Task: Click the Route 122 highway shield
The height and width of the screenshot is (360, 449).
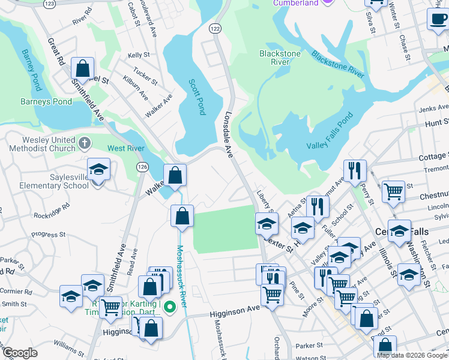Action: [x=215, y=28]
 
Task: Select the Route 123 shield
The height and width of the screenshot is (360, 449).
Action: [x=50, y=3]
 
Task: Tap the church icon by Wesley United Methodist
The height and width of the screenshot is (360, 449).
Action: [x=85, y=143]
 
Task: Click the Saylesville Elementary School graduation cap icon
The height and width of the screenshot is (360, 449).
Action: [x=98, y=170]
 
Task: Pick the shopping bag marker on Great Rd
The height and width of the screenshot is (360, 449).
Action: [x=83, y=68]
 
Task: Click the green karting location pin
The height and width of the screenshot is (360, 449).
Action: [x=170, y=308]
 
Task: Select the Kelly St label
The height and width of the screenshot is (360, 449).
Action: [x=138, y=55]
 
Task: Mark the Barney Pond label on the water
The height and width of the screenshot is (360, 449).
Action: [x=28, y=65]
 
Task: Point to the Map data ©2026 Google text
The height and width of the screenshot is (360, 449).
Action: [x=411, y=355]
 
